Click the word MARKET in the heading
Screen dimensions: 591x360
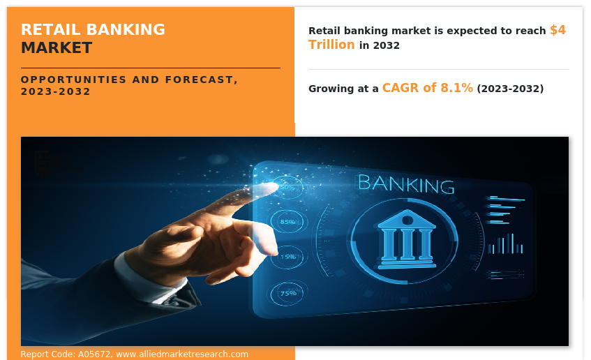tap(57, 48)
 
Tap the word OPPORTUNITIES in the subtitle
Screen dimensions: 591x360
tap(73, 80)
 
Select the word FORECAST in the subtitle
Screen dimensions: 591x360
tap(201, 80)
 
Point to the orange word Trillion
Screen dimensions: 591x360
tap(331, 45)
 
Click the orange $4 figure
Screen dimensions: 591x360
tap(558, 30)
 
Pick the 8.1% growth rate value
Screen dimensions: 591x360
tap(457, 88)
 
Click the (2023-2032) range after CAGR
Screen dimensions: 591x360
tap(510, 89)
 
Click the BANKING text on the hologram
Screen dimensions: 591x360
tap(406, 184)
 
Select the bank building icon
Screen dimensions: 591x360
tap(407, 239)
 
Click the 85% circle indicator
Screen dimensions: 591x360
tap(288, 222)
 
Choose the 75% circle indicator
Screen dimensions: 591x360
tap(288, 293)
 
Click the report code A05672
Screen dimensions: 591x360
tap(94, 354)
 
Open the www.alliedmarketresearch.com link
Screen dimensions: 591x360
tap(182, 354)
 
